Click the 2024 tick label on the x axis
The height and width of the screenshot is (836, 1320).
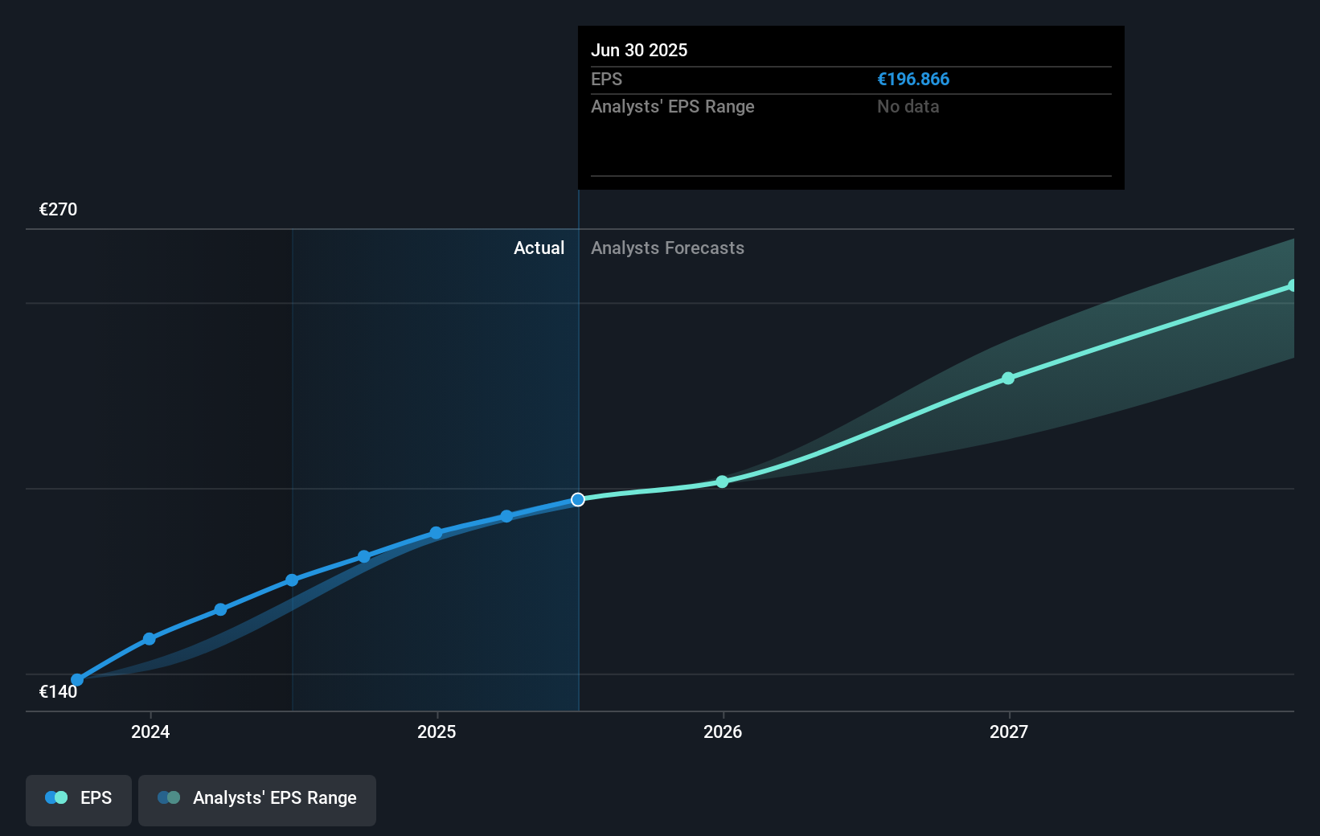pos(150,731)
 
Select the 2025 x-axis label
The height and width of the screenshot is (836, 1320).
pos(437,731)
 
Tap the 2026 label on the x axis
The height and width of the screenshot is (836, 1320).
pos(723,731)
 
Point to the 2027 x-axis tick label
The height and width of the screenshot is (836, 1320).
pos(1009,731)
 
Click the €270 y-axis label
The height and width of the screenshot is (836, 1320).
pos(59,210)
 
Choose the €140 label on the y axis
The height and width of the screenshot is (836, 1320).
pos(59,692)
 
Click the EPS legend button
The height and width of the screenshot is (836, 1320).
pos(79,798)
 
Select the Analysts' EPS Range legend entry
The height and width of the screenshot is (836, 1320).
pos(257,798)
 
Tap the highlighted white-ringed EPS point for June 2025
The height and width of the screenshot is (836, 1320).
pos(578,500)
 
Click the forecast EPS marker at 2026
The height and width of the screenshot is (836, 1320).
pos(722,482)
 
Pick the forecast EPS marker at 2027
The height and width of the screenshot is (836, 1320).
pos(1008,378)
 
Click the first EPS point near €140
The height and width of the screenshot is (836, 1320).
pos(77,680)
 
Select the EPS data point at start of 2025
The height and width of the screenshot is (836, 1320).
pos(436,533)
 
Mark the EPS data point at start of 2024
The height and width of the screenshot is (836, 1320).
pos(150,639)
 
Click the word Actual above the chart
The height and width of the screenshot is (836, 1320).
pos(539,248)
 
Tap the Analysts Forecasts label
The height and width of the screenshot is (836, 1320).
pos(667,248)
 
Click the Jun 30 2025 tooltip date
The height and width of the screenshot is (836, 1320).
pos(639,51)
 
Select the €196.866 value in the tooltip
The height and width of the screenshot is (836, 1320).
pos(913,80)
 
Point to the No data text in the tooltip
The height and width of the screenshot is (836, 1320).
pos(908,107)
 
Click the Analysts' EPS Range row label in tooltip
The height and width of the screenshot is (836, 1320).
pos(673,107)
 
